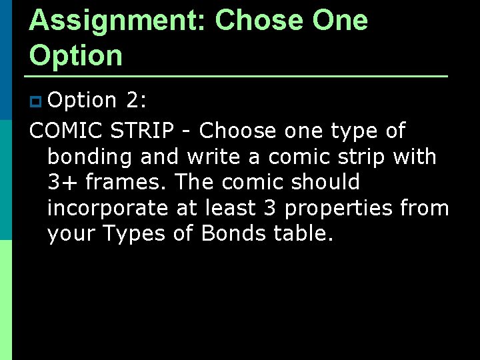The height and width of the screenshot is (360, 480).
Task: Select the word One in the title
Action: pyautogui.click(x=340, y=21)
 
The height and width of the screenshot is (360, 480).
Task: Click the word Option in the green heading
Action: pyautogui.click(x=76, y=56)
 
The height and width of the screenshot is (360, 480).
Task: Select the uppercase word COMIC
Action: pyautogui.click(x=64, y=131)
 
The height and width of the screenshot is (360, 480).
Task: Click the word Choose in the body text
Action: pyautogui.click(x=238, y=131)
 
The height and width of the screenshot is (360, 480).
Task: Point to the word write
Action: pyautogui.click(x=214, y=157)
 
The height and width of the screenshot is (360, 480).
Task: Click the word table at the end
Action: pyautogui.click(x=303, y=233)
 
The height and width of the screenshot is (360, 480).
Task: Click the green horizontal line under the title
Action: pyautogui.click(x=238, y=76)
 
